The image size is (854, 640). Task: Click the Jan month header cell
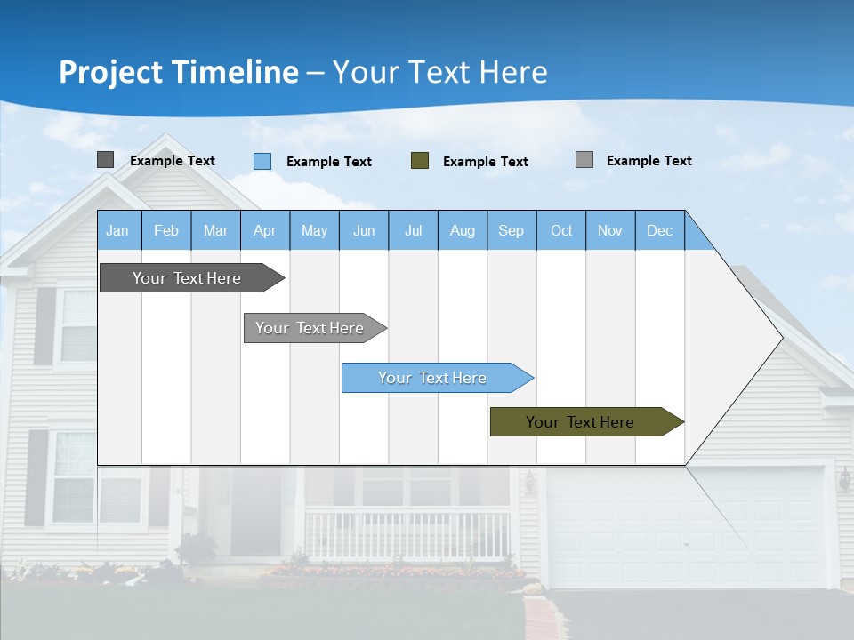pos(118,230)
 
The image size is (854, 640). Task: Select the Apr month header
pos(265,230)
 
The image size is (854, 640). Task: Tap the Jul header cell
pos(413,230)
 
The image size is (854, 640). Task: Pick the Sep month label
pos(511,230)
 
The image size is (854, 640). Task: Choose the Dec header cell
pos(659,230)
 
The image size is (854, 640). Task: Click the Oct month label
pos(561,230)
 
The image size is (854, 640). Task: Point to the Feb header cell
pos(166,230)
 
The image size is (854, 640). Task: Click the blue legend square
pos(262,161)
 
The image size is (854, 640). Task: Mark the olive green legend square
pos(420,161)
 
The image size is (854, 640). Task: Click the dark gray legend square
pos(105,160)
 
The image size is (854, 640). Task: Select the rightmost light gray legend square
pos(584,160)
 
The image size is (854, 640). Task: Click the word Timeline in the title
pos(235,72)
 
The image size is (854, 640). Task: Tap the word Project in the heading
pos(109,72)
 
